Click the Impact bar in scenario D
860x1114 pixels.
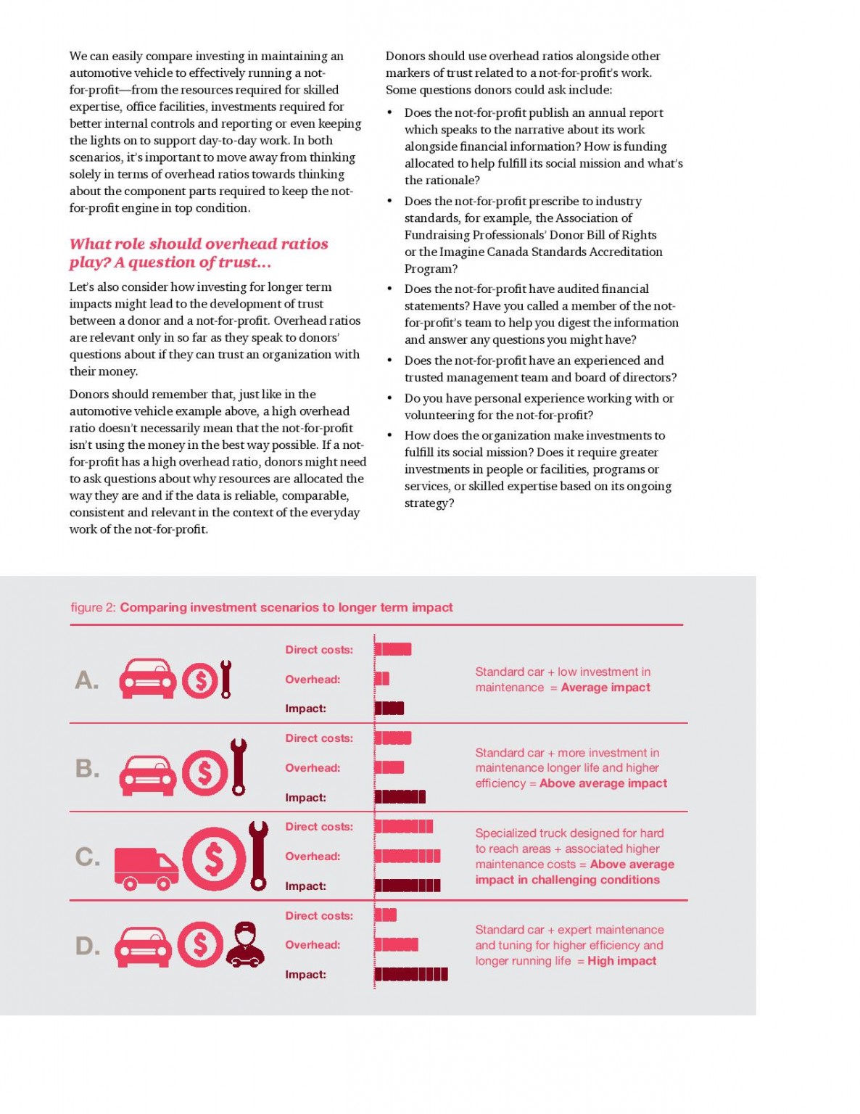click(x=411, y=974)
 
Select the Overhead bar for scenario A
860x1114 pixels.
click(x=382, y=679)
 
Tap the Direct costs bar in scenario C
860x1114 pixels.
click(x=404, y=826)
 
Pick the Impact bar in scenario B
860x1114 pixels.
click(x=400, y=797)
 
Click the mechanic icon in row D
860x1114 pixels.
click(x=245, y=944)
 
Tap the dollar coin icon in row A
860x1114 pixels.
click(x=199, y=680)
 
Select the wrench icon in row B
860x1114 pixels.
click(x=238, y=767)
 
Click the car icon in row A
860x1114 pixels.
click(x=147, y=679)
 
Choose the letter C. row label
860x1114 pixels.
click(x=88, y=857)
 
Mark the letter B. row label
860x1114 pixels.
click(x=88, y=768)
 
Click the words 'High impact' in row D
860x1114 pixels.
click(x=621, y=961)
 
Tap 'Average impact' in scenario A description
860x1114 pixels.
click(x=605, y=688)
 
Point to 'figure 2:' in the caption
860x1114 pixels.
click(x=93, y=607)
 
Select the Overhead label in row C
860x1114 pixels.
click(x=313, y=857)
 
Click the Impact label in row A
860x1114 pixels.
click(x=305, y=709)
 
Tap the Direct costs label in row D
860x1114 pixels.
click(x=319, y=915)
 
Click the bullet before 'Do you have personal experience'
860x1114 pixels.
click(x=390, y=398)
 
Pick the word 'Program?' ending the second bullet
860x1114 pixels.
click(x=431, y=268)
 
